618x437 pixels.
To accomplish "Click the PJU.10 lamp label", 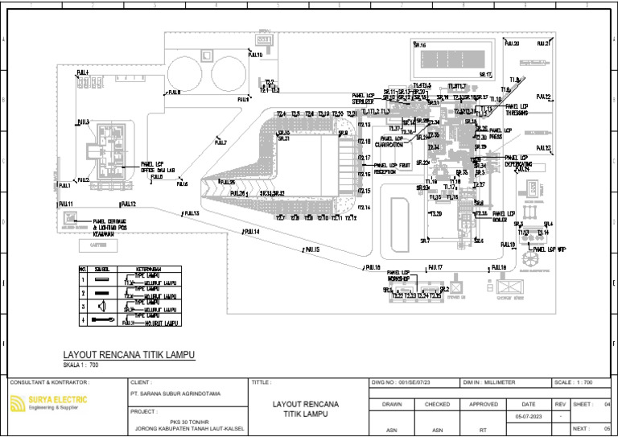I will [255, 56].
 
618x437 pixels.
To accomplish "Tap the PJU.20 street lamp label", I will [512, 43].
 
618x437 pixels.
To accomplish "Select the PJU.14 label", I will [251, 232].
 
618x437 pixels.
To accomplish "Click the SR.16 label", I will [420, 45].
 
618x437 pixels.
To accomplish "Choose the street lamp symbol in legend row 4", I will [102, 320].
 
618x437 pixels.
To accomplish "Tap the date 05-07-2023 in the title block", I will [528, 417].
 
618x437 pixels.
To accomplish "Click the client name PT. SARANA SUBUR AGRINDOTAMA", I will [175, 395].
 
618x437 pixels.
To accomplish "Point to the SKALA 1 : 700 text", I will [80, 365].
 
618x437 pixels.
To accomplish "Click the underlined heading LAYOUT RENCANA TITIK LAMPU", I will [129, 354].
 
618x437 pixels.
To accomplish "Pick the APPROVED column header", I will [484, 405].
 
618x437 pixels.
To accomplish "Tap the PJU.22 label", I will [542, 97].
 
